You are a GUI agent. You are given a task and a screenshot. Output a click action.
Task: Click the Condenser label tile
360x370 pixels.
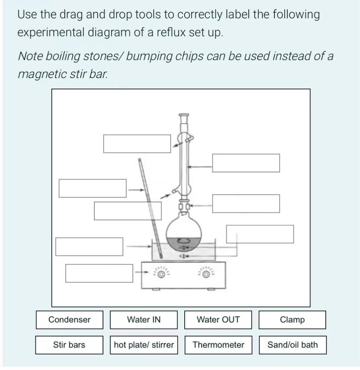tap(69, 320)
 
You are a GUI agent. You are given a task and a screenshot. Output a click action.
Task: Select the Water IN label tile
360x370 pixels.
tap(143, 320)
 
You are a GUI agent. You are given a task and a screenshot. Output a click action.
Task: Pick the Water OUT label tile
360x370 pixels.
tap(218, 320)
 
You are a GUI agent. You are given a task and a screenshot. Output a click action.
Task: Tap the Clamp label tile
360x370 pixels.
tap(292, 320)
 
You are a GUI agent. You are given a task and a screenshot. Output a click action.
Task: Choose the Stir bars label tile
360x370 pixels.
tap(69, 345)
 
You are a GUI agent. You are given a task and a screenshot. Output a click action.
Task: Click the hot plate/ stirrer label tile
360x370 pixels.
tap(144, 345)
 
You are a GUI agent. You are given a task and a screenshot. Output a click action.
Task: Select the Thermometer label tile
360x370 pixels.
tap(218, 345)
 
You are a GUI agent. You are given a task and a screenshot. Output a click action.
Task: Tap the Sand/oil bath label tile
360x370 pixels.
tap(292, 345)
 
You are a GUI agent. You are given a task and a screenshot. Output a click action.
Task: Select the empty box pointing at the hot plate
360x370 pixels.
tap(99, 273)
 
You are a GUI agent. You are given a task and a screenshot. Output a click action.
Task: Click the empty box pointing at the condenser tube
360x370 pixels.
tap(246, 163)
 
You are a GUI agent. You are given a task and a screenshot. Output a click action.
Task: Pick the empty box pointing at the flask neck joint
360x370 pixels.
tap(246, 203)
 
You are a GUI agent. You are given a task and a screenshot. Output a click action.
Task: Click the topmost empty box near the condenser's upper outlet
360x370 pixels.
tap(137, 144)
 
